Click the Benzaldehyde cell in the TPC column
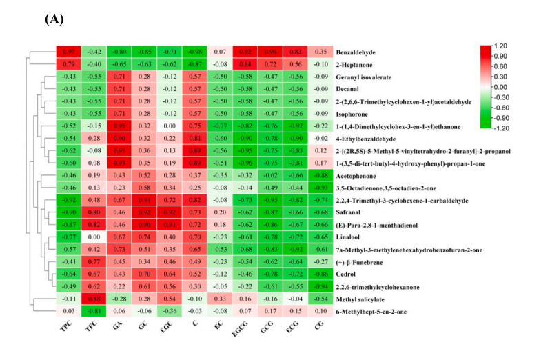coord(69,52)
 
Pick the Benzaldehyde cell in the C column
coord(192,52)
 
